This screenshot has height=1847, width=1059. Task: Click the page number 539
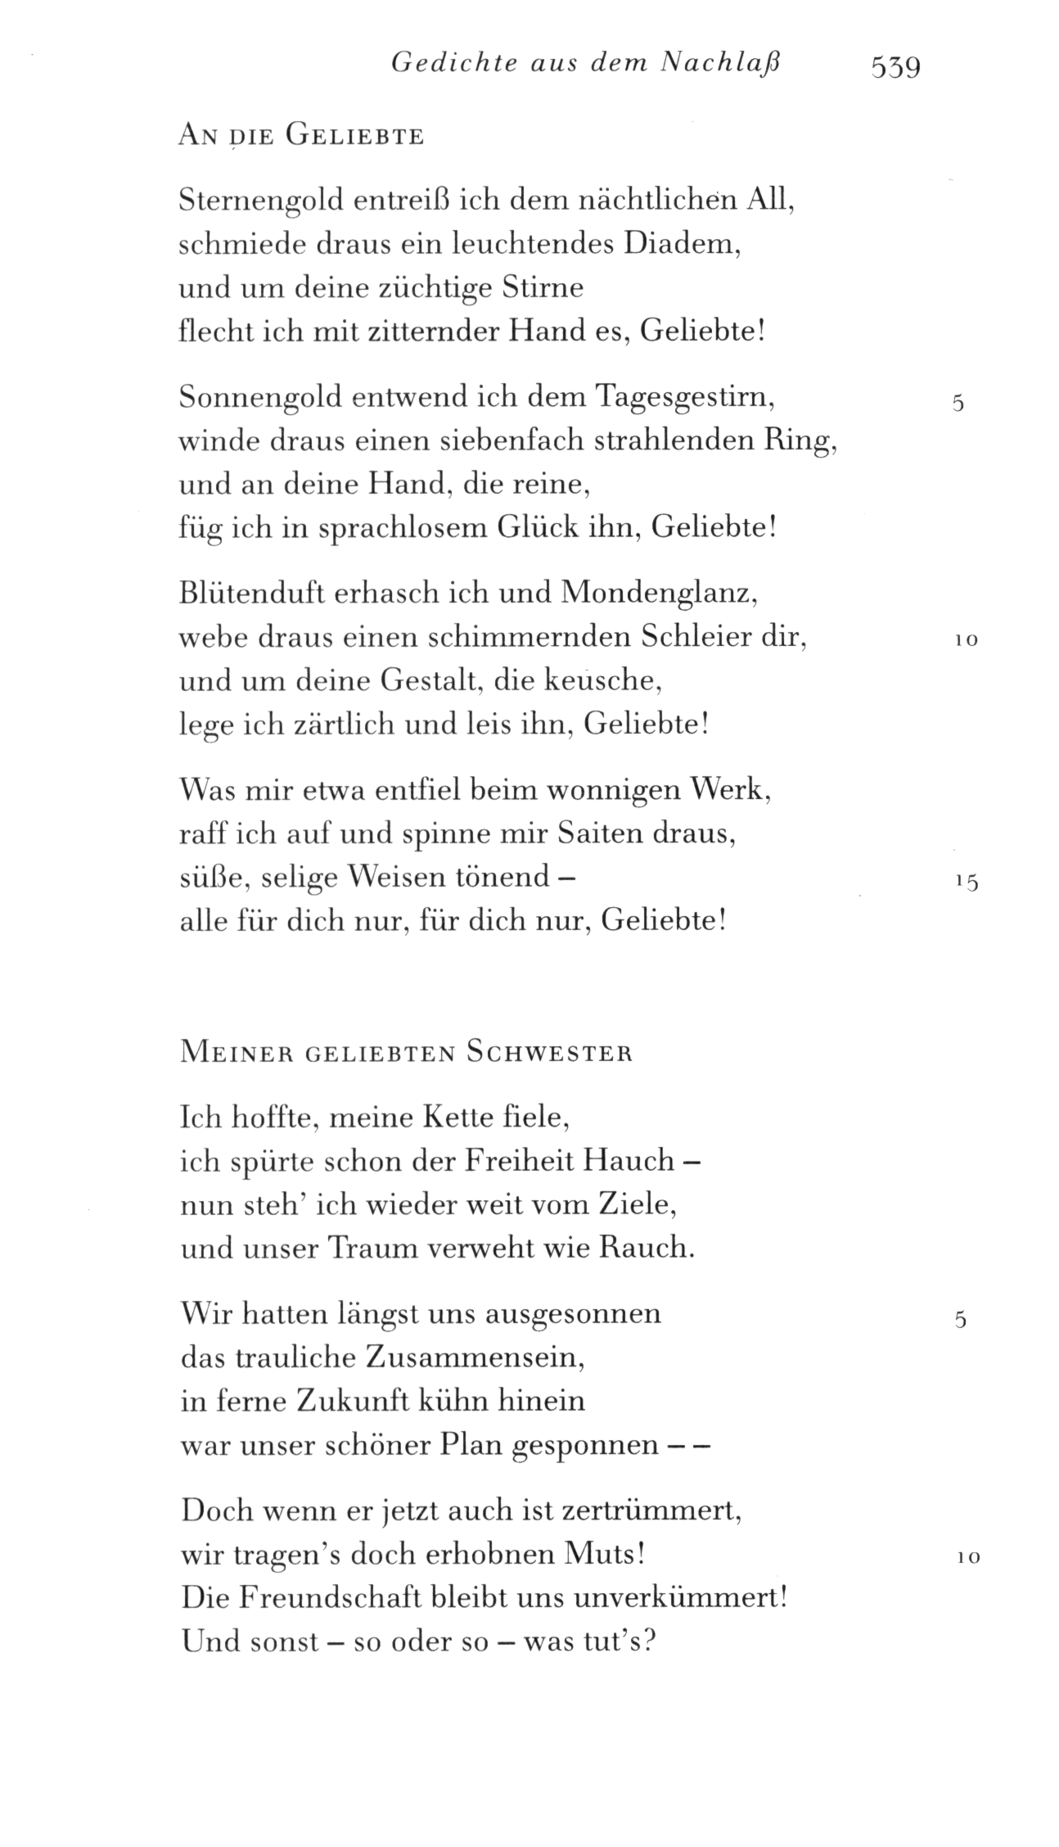896,66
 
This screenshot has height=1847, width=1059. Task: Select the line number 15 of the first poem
967,882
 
